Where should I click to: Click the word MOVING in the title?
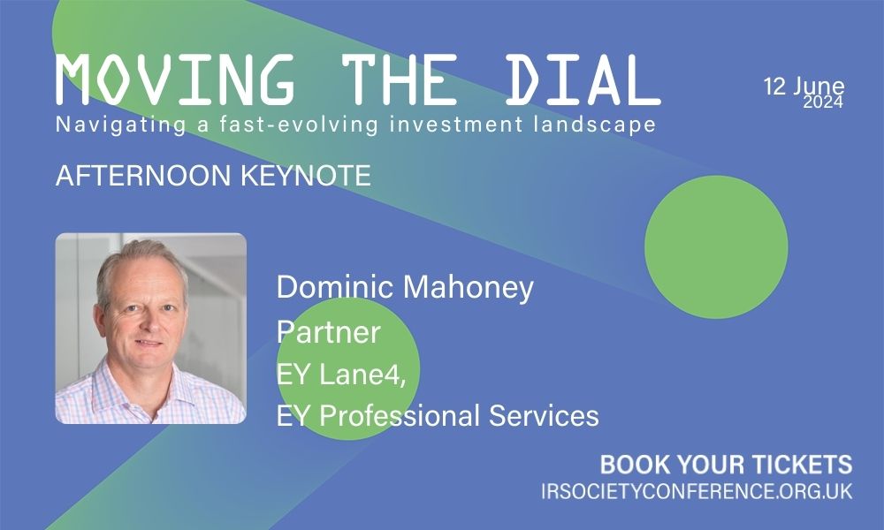175,79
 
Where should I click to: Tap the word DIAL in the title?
583,79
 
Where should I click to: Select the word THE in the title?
400,79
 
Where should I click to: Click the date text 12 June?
804,87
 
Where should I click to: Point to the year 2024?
823,102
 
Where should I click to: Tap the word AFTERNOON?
143,176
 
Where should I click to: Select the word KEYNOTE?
306,176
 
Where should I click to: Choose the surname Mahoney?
469,288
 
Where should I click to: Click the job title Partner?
328,332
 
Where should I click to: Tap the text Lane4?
362,374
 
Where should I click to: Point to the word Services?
544,416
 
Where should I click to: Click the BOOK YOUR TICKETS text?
726,465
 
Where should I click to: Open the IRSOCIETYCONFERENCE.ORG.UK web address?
697,491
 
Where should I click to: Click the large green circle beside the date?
716,246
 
